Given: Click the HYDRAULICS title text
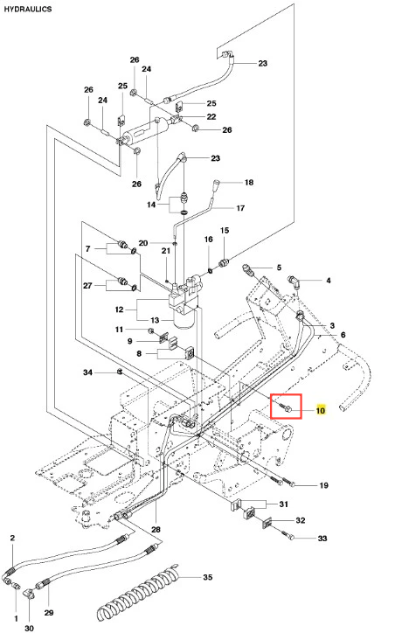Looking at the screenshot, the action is (28, 9).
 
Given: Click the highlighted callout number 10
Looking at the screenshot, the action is (321, 411).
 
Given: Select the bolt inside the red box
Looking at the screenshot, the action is (286, 407).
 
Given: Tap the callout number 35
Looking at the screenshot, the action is (207, 577).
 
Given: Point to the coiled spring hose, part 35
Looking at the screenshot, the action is (137, 593).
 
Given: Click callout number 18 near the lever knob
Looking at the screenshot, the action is (249, 183).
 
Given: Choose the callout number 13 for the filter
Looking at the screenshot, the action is (155, 320).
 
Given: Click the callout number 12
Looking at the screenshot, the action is (119, 310).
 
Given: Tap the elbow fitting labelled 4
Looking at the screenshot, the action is (294, 281).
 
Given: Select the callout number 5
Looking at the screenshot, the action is (279, 268).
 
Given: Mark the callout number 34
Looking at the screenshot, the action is (88, 372).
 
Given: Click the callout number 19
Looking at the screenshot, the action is (323, 485).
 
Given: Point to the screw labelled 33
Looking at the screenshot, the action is (287, 536).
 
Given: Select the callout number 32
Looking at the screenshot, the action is (301, 520).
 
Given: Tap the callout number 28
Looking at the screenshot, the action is (156, 529).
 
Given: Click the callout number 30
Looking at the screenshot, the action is (29, 628).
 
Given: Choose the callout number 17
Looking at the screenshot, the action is (240, 208).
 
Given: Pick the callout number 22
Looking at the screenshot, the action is (211, 116).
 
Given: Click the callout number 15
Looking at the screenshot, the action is (225, 230).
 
